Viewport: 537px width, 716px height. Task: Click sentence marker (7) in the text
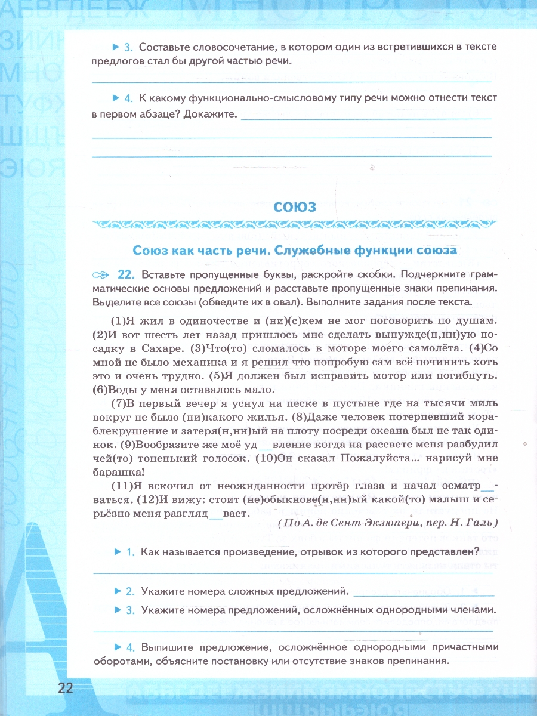click(x=119, y=403)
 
